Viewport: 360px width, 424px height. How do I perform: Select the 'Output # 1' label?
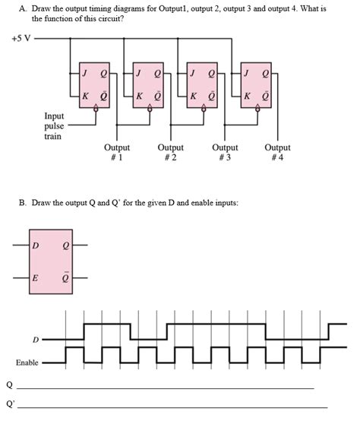pos(117,153)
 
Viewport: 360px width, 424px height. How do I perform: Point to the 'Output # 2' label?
pos(170,153)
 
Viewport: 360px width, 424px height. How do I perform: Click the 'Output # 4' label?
pos(277,153)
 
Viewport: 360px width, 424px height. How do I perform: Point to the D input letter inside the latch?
pos(35,245)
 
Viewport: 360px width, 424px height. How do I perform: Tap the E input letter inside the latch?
pos(35,278)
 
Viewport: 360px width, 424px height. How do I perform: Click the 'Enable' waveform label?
pos(27,362)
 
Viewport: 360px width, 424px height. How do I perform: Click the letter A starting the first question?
pos(24,7)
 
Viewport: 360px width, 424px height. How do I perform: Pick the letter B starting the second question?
pos(24,203)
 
